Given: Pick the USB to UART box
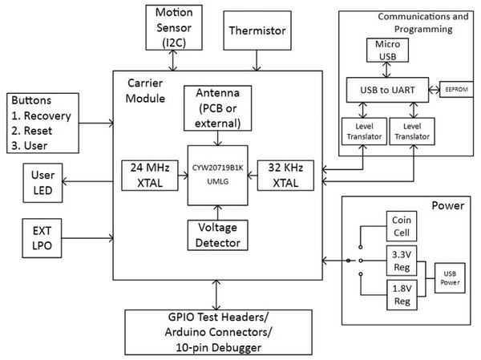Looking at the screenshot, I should [387, 88].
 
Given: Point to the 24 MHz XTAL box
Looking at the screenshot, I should [145, 176].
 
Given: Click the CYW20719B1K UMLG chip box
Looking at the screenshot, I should [216, 175].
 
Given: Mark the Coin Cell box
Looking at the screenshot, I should [401, 225].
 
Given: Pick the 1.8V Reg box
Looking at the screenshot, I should [401, 293].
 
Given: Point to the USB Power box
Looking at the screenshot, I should [450, 277].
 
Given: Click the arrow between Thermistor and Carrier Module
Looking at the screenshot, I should [257, 59].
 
